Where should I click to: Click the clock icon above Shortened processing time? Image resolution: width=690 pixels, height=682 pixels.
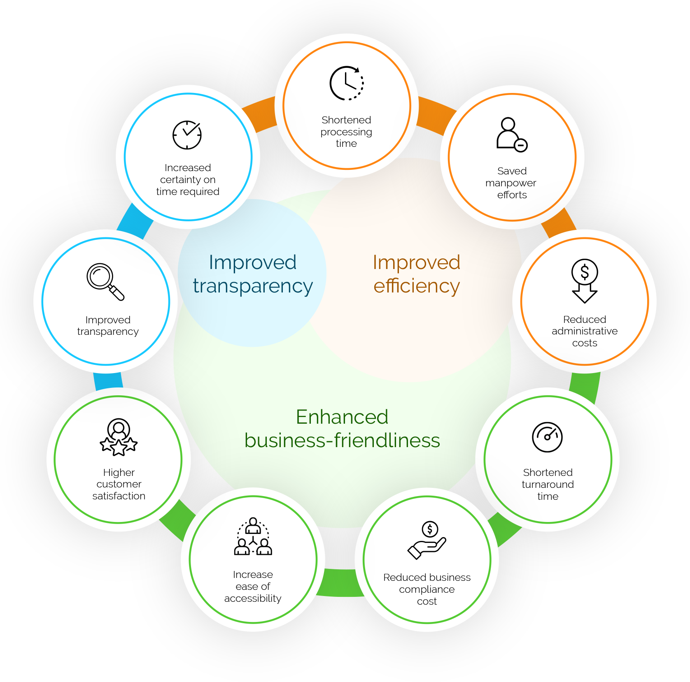pos(347,83)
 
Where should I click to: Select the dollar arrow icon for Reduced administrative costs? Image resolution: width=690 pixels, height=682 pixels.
pos(585,281)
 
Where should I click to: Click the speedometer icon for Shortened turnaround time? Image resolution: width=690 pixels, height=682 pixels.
pos(547,437)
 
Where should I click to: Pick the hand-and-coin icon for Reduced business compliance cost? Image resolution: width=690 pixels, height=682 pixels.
pos(427,540)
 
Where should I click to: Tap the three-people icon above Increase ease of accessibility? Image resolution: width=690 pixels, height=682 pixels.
pos(253,536)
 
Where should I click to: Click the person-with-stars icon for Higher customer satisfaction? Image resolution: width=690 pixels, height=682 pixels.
pos(119,437)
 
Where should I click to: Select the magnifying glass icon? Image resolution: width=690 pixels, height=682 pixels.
pos(105,282)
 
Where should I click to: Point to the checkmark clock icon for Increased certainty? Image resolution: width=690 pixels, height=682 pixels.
pos(187,135)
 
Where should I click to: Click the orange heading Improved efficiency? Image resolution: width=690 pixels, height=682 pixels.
pos(416,274)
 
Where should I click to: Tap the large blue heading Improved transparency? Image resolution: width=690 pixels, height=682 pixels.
pos(253,274)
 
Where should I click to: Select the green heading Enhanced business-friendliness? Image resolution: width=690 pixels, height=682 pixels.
pos(342,429)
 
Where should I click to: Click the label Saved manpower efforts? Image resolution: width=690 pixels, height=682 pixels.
pos(511,183)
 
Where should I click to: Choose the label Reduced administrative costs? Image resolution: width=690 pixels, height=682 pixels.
pos(585,331)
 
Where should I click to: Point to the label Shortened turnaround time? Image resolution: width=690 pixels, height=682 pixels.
pos(548,484)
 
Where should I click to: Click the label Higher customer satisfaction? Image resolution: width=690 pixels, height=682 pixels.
pos(119,484)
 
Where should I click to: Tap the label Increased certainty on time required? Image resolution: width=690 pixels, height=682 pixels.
pos(188,180)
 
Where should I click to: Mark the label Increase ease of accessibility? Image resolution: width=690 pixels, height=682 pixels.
pos(253,586)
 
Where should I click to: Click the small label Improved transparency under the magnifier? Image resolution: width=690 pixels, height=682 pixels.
pos(108,326)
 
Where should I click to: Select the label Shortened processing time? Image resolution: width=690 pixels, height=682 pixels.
pos(346,132)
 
